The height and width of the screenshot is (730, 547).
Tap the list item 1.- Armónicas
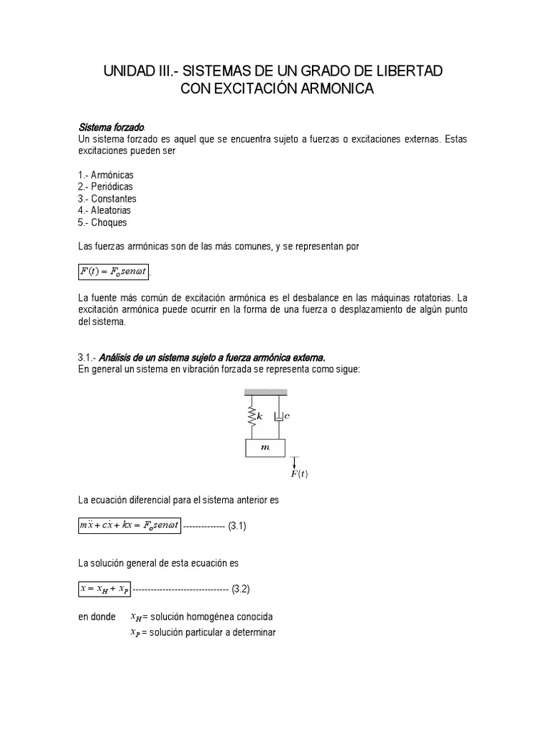[105, 175]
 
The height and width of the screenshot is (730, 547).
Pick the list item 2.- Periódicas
[105, 187]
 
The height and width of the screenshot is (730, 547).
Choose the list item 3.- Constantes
[107, 199]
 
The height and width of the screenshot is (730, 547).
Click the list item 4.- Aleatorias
[105, 211]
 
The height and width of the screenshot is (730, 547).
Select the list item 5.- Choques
[103, 222]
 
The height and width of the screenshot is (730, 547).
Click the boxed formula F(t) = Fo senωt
[114, 272]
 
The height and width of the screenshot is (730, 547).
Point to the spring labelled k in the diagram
[251, 416]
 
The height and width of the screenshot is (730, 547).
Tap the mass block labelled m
[265, 448]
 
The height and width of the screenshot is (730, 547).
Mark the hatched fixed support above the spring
[265, 392]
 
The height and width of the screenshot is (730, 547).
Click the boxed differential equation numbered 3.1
[130, 526]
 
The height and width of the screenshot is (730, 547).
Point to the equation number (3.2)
[239, 589]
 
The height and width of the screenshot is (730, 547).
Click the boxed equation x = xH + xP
[105, 589]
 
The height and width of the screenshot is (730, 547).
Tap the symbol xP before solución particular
[135, 632]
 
